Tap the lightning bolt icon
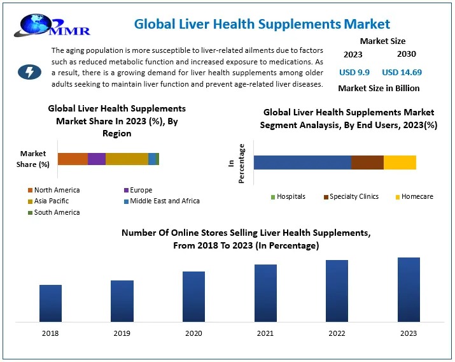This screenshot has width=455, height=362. (29, 71)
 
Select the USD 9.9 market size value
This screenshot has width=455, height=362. (354, 72)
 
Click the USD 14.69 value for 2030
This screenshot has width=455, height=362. (402, 72)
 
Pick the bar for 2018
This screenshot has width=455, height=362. (50, 303)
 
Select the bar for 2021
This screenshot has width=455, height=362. (265, 293)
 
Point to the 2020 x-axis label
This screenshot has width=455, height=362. (193, 333)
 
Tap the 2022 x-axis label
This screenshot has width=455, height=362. (337, 333)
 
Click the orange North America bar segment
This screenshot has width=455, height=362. (73, 159)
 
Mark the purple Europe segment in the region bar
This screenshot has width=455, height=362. (97, 159)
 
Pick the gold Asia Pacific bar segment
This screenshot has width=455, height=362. (127, 159)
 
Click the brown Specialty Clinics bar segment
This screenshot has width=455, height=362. (367, 163)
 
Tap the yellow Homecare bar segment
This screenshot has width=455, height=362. (400, 163)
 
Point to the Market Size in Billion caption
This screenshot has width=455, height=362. (379, 88)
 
